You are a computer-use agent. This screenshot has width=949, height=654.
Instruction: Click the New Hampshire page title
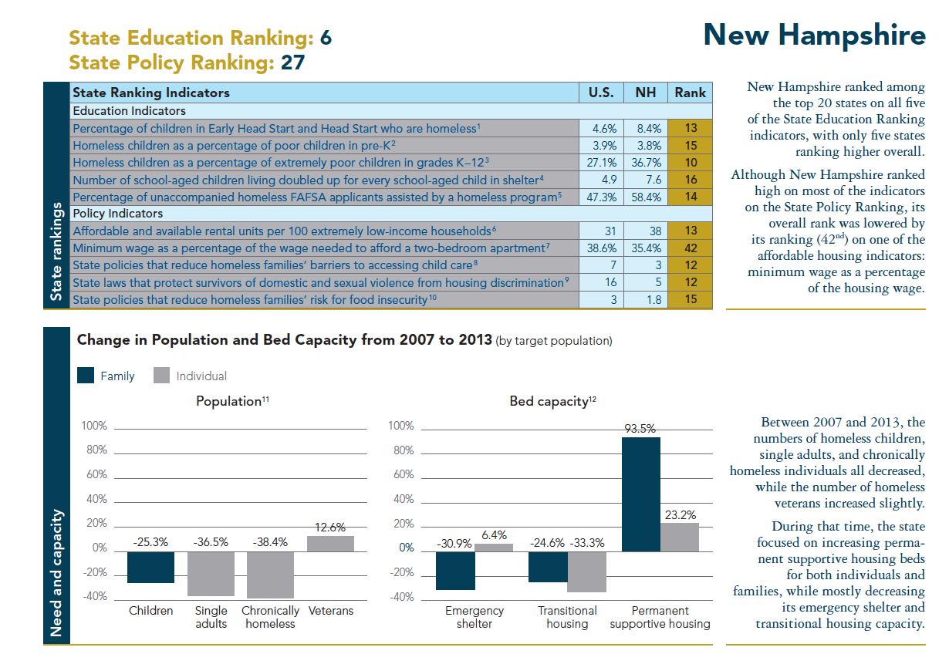coord(814,35)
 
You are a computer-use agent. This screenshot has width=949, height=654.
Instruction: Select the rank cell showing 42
coord(690,248)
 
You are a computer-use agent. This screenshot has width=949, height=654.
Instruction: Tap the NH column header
coord(645,93)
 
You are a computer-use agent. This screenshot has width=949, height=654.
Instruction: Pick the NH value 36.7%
coord(645,163)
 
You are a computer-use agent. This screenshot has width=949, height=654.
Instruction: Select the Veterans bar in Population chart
coord(330,543)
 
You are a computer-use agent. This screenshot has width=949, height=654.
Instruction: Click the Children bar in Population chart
coord(151,567)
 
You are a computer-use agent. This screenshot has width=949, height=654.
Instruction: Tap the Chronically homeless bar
coord(270,575)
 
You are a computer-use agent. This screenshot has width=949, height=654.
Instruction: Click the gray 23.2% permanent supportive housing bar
coord(679,537)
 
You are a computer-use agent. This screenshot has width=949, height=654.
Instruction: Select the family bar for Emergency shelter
coord(455,571)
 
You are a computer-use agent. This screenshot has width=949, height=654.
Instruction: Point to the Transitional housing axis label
coord(567,617)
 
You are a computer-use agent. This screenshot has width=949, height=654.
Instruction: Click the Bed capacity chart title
coord(552,401)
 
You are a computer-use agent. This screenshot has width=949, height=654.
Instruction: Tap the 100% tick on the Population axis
coord(95,426)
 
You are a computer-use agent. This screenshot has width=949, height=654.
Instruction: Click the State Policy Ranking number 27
coord(292,62)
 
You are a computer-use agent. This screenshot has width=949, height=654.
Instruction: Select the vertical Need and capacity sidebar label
coord(56,571)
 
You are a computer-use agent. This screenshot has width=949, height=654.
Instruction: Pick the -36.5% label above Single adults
coord(211,542)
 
